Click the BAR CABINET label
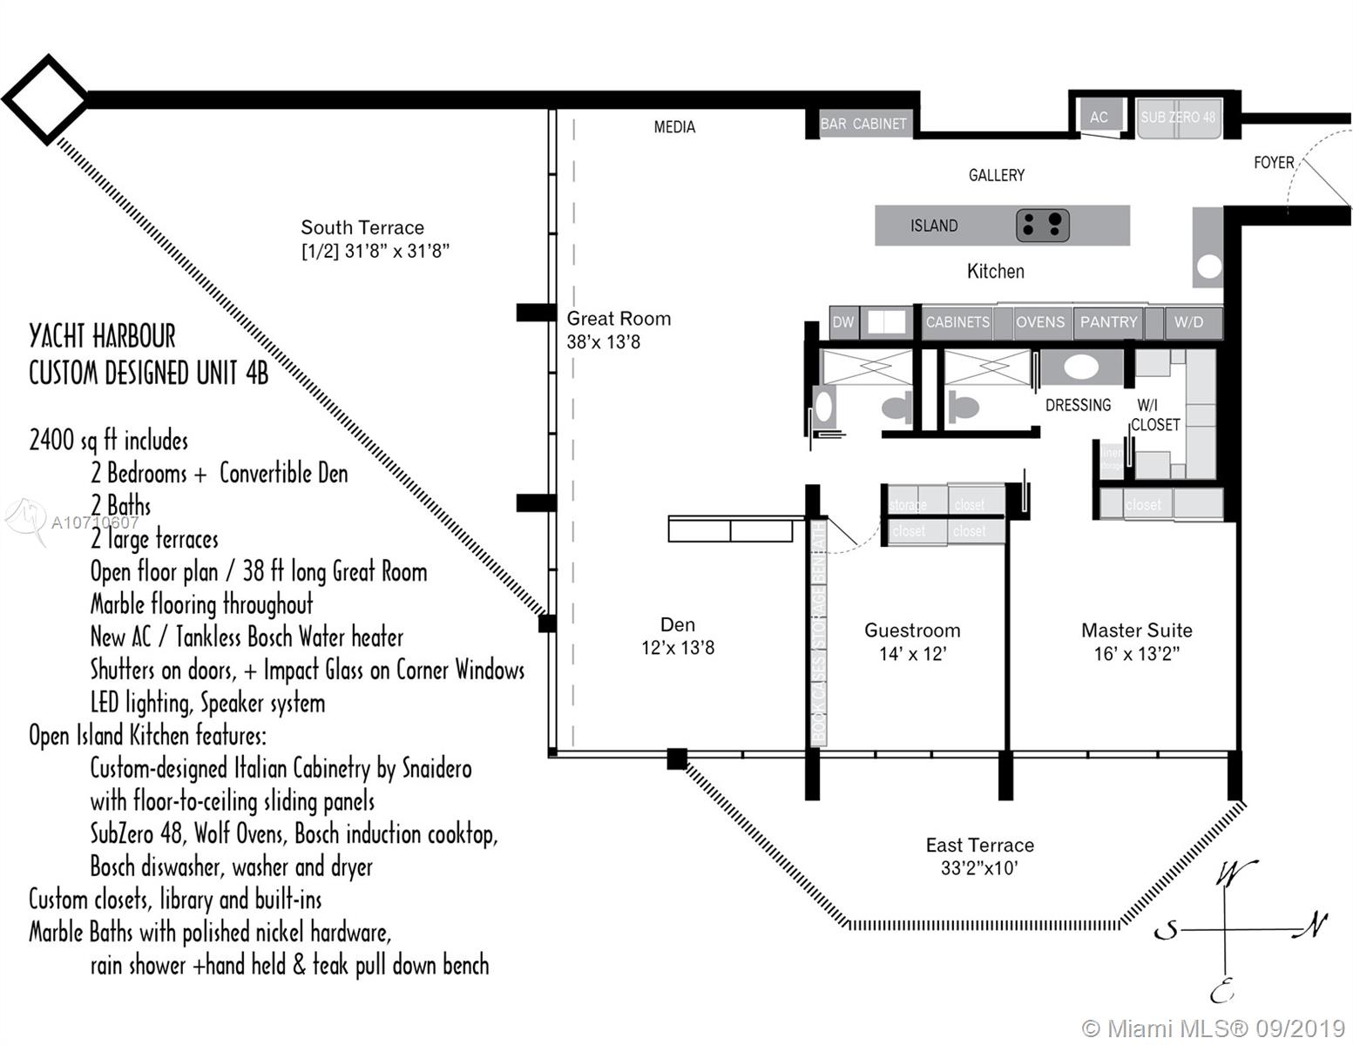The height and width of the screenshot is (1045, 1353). tap(863, 124)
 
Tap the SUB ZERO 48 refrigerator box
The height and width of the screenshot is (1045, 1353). tap(1178, 118)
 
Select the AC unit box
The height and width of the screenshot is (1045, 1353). tap(1099, 117)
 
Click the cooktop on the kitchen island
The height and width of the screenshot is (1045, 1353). tap(1042, 226)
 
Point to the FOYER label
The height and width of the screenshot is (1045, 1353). tap(1273, 163)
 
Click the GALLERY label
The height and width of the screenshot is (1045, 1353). tap(996, 175)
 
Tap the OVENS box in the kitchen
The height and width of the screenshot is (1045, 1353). tap(1039, 322)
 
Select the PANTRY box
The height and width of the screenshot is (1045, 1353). tap(1108, 322)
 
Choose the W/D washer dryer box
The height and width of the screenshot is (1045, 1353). tap(1188, 322)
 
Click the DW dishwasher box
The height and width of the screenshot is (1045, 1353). tap(842, 322)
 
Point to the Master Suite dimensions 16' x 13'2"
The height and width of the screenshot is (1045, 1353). tap(1136, 654)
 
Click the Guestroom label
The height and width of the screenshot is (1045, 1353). tap(912, 630)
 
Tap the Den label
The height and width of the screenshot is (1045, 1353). tap(677, 624)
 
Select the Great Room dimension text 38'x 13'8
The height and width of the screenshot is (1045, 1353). tap(603, 342)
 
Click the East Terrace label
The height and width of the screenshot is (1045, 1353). tap(979, 845)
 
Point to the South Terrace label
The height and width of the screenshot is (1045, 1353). tap(362, 227)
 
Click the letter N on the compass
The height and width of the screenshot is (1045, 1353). tap(1313, 925)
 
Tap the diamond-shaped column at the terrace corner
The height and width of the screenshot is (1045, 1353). tap(45, 98)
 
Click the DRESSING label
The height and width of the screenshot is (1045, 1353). tap(1078, 405)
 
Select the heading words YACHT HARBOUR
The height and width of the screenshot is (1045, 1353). tap(102, 336)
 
